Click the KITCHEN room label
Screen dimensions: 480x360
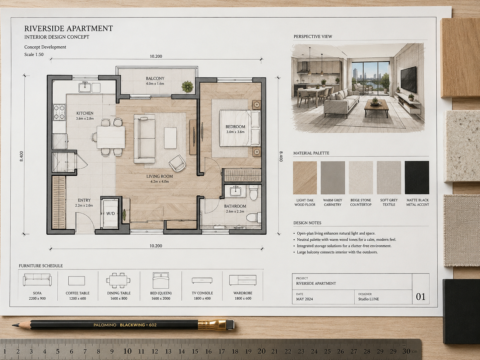tap(85, 113)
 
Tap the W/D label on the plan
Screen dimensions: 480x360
tap(110, 213)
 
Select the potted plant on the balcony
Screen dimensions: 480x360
tap(188, 87)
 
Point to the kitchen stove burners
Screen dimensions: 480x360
tap(59, 112)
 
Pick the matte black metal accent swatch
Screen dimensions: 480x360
tap(417, 178)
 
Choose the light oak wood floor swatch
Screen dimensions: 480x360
tap(305, 178)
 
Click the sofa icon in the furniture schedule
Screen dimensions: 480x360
tap(37, 280)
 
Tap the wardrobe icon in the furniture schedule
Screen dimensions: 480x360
tap(243, 280)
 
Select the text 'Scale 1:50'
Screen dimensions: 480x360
tap(34, 54)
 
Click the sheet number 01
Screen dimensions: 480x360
tap(421, 297)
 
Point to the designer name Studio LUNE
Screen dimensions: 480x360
tap(369, 299)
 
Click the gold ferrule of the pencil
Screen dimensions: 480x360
tap(212, 325)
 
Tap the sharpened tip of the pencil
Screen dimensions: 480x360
tap(13, 325)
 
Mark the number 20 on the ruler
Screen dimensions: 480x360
tap(261, 351)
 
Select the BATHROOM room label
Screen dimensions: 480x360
tap(235, 206)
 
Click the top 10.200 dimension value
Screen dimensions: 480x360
tap(156, 56)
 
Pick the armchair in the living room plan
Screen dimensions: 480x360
tap(177, 163)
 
